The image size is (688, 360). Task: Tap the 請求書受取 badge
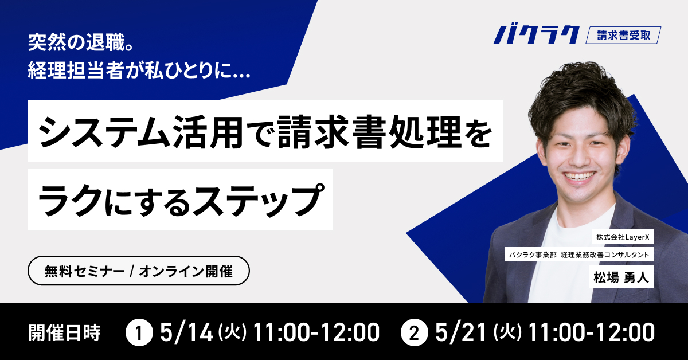(x=624, y=35)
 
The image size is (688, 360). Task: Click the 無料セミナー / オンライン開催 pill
(x=139, y=272)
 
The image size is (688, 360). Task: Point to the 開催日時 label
(x=64, y=332)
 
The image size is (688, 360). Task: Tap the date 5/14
(x=187, y=332)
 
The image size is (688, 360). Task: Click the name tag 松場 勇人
(x=621, y=278)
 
